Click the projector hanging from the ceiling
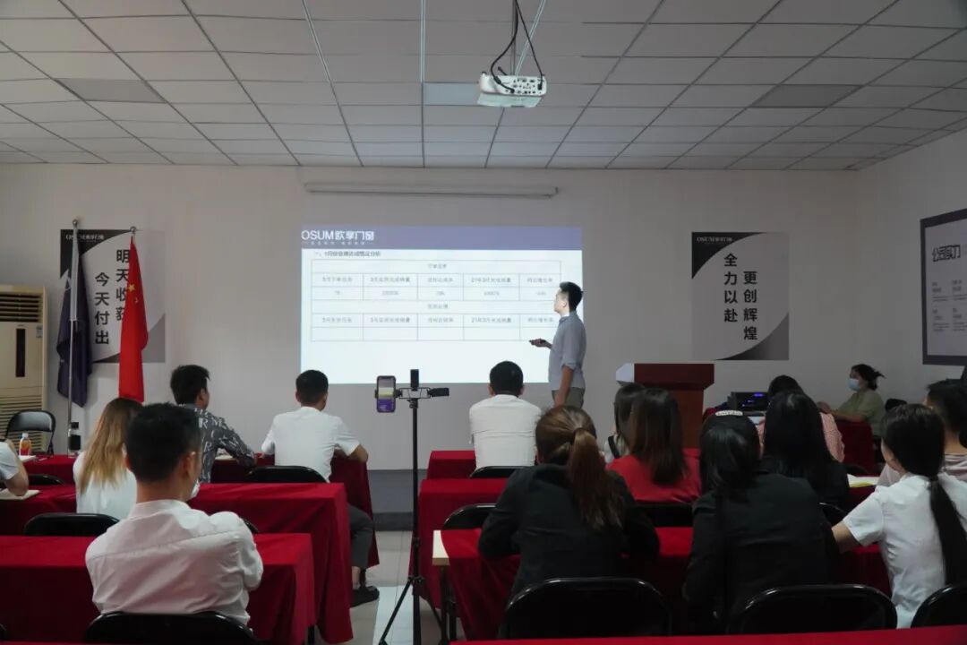pyautogui.click(x=511, y=89)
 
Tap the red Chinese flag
pyautogui.click(x=133, y=327)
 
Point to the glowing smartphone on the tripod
pyautogui.click(x=386, y=393)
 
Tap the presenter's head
pyautogui.click(x=569, y=295)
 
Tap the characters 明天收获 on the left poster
pyautogui.click(x=123, y=269)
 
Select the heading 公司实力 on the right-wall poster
pyautogui.click(x=946, y=254)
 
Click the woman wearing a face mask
pyautogui.click(x=861, y=398)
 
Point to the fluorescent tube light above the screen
pyautogui.click(x=431, y=190)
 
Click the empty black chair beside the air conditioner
pyautogui.click(x=31, y=428)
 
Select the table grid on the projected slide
pyautogui.click(x=436, y=300)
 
